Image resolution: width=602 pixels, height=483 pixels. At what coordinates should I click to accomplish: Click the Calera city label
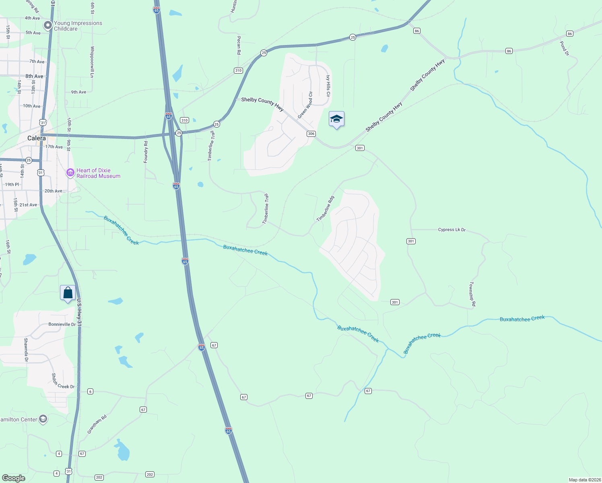[x=37, y=138]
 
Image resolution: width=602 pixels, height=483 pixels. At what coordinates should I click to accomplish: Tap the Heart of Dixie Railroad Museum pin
[x=70, y=173]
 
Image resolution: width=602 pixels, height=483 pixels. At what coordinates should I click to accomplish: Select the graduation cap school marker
[x=336, y=119]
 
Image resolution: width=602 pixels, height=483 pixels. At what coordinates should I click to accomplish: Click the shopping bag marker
[x=68, y=293]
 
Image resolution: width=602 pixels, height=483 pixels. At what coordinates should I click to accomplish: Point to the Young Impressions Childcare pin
[x=48, y=26]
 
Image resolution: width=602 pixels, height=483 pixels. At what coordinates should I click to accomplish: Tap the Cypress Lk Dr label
[x=451, y=230]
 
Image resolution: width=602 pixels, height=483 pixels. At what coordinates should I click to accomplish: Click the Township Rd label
[x=472, y=294]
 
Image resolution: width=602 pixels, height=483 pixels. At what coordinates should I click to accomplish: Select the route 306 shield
[x=311, y=134]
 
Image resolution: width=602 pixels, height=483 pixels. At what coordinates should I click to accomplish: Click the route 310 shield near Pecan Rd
[x=238, y=70]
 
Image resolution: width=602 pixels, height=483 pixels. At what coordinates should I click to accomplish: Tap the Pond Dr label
[x=565, y=48]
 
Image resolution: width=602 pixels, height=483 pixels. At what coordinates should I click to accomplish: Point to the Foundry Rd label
[x=146, y=152]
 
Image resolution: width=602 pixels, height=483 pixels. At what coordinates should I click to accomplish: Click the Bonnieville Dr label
[x=62, y=324]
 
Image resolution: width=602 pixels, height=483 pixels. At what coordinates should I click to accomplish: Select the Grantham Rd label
[x=97, y=425]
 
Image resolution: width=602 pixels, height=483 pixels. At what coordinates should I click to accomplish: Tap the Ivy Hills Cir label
[x=328, y=86]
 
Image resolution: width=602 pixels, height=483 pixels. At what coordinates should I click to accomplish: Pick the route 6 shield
[x=90, y=391]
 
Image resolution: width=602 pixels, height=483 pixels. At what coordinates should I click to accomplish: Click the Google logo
[x=14, y=478]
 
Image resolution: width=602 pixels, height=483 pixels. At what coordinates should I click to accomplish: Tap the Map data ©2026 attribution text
[x=584, y=480]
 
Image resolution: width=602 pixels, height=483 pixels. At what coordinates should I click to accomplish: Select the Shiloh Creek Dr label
[x=63, y=382]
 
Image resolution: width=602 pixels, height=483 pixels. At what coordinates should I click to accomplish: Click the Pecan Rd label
[x=239, y=45]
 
